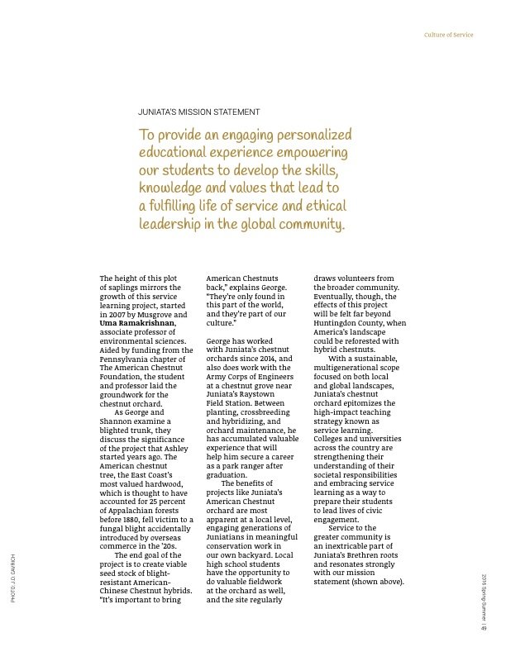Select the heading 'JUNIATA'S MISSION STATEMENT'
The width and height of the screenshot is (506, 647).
point(198,112)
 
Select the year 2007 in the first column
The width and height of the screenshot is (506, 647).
point(117,314)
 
